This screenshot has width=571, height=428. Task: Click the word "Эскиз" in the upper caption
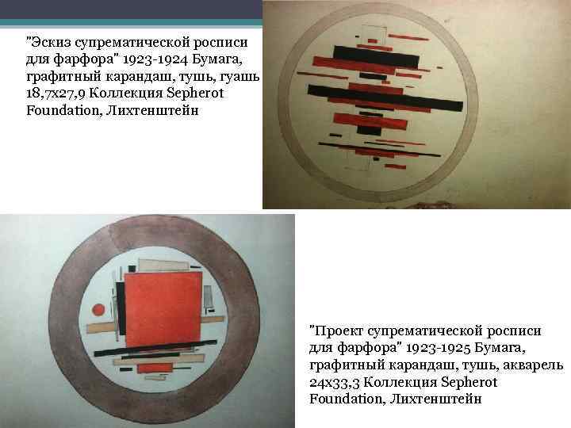51,43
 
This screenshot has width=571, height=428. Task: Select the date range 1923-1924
155,59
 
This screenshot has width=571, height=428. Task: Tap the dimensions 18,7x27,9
56,94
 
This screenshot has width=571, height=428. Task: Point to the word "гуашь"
240,77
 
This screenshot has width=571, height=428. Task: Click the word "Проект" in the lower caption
339,331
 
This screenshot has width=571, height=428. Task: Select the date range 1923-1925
438,348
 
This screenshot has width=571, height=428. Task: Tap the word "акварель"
533,365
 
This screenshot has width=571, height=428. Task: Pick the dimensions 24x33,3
335,382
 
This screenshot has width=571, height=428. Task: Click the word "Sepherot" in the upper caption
195,94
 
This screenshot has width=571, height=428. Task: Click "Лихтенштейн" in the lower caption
436,399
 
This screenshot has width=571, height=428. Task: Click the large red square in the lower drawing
164,308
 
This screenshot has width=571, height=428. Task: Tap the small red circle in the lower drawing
98,310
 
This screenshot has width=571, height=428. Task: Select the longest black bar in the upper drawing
385,97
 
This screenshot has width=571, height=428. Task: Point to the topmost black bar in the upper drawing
376,57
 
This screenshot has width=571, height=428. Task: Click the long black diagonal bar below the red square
155,347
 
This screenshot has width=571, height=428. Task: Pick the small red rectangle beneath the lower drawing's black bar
155,368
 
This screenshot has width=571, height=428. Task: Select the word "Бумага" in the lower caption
500,348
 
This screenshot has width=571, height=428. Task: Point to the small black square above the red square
132,269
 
